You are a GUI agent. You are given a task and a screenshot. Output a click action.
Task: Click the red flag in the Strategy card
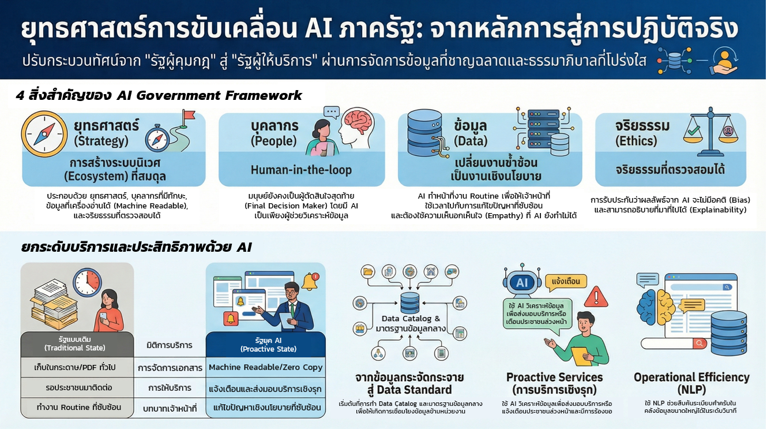(x=189, y=115)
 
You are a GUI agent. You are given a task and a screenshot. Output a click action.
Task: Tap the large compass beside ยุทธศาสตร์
(x=44, y=134)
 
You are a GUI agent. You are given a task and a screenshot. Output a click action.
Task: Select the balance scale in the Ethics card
(x=711, y=132)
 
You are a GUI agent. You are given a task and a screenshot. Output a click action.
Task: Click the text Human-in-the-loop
(x=301, y=170)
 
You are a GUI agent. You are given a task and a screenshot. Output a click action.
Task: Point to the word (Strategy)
(x=101, y=141)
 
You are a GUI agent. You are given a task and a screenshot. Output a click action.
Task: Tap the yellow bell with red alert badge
(x=310, y=282)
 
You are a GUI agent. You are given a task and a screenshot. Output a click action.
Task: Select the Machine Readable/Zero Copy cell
(x=266, y=367)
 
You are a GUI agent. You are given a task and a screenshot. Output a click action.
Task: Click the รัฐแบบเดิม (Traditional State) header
(x=75, y=344)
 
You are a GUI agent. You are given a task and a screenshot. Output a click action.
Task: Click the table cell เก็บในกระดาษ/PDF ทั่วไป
(x=75, y=367)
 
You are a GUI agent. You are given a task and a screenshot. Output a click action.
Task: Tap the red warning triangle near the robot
(x=596, y=297)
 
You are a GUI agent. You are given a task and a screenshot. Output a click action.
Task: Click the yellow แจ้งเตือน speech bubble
(x=566, y=282)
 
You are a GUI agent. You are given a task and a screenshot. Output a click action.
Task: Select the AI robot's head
(x=522, y=282)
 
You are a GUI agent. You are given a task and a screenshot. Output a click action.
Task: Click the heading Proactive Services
(x=555, y=377)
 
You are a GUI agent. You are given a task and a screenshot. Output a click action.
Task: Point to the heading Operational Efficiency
(x=691, y=377)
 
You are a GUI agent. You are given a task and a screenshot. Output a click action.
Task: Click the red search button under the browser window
(x=700, y=344)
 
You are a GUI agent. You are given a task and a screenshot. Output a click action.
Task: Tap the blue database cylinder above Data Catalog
(x=410, y=303)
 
